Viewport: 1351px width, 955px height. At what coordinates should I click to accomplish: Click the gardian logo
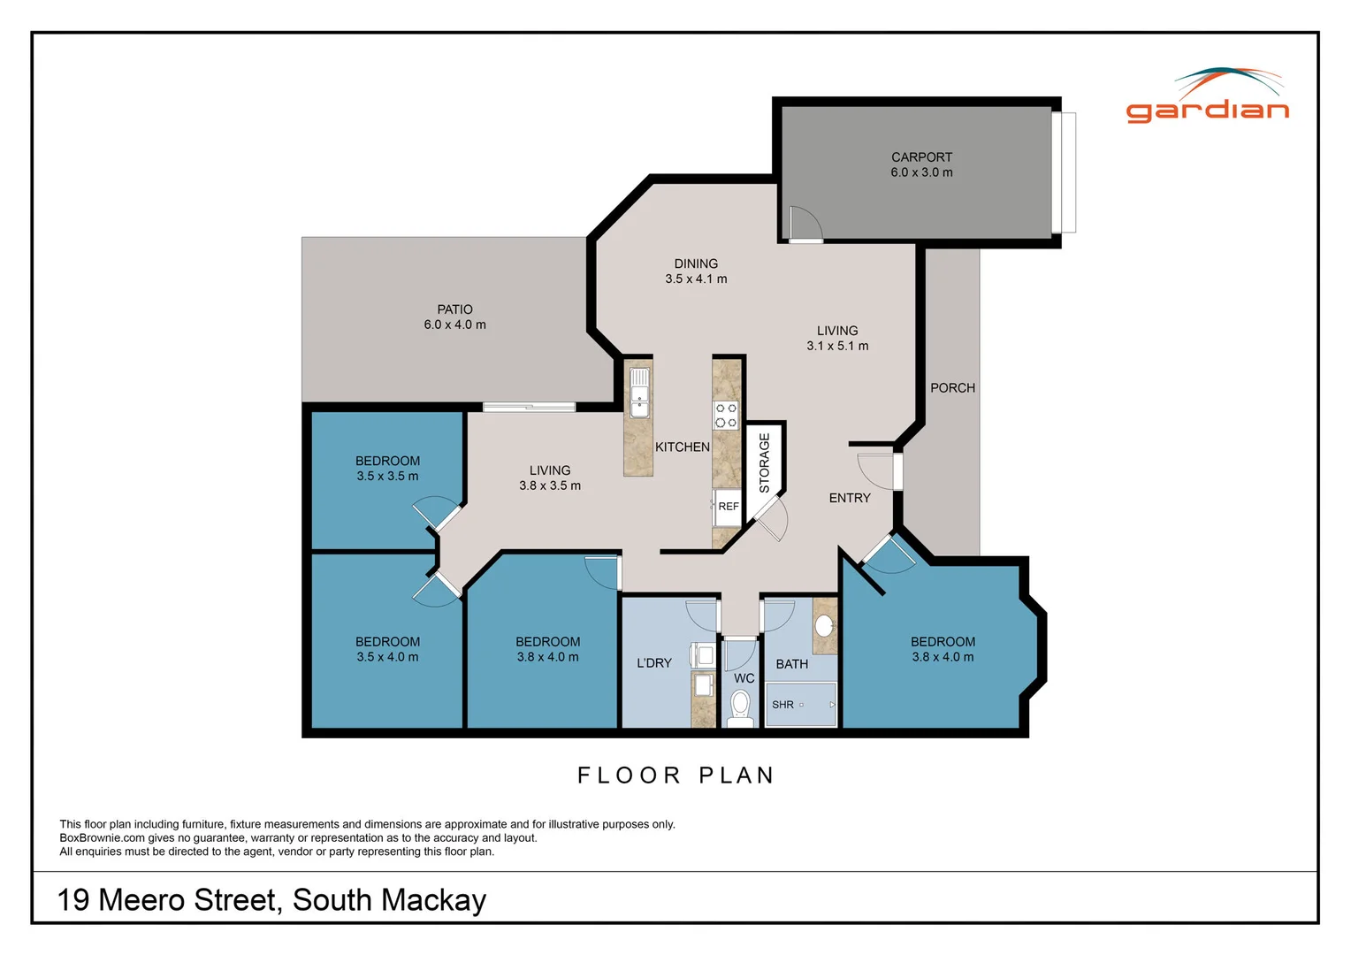tap(1208, 96)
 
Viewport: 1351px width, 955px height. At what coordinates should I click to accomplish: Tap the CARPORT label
tap(921, 164)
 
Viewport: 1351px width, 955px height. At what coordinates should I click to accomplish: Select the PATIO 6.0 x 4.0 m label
tap(454, 317)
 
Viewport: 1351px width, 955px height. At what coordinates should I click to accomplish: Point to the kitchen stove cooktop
tap(726, 416)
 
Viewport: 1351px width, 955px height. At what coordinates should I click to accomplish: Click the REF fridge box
tap(727, 507)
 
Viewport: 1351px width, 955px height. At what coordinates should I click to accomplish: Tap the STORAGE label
tap(764, 462)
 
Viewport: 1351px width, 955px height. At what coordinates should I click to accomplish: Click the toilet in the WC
tap(740, 707)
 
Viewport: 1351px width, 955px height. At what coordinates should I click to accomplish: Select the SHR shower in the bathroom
tap(800, 705)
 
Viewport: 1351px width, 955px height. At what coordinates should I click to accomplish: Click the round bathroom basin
tap(824, 626)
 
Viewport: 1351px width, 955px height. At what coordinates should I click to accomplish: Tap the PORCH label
tap(952, 388)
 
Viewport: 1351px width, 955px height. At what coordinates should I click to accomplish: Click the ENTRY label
tap(850, 498)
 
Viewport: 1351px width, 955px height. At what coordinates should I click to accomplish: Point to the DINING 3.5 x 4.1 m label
tap(696, 271)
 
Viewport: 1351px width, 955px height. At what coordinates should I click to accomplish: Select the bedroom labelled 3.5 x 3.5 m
tap(387, 469)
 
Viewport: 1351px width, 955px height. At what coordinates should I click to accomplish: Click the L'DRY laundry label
tap(654, 663)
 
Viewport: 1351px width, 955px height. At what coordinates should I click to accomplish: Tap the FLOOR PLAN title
tap(676, 775)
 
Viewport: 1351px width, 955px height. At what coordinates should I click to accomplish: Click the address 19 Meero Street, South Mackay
tap(271, 900)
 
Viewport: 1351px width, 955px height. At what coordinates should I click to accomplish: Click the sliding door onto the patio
tap(529, 407)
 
